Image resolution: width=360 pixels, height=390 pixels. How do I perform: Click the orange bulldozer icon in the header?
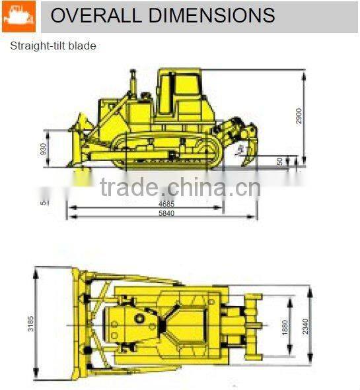point(18,16)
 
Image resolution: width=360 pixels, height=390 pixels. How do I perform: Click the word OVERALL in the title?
point(92,16)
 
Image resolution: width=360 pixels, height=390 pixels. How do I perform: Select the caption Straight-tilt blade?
point(53,46)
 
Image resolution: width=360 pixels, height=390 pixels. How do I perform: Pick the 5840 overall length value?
point(166,214)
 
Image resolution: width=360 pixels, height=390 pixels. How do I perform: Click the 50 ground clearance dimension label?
point(280,160)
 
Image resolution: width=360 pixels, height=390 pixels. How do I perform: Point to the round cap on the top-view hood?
point(140,319)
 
